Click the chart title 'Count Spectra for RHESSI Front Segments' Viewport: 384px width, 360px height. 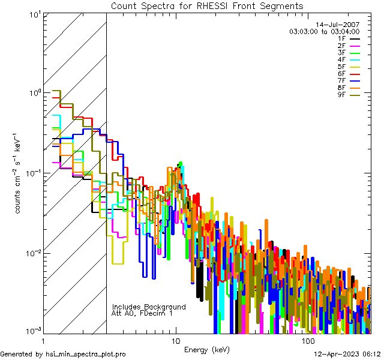(x=207, y=6)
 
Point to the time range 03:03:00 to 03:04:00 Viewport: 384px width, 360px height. (x=324, y=32)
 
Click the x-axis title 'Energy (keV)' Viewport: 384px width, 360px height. (x=207, y=350)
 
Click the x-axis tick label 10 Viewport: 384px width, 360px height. (x=175, y=341)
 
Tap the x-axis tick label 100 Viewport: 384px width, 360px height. (x=308, y=341)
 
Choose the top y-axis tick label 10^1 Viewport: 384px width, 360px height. (x=33, y=14)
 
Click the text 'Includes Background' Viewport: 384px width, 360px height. (x=149, y=307)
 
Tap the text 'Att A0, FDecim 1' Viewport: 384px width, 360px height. (x=142, y=313)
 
